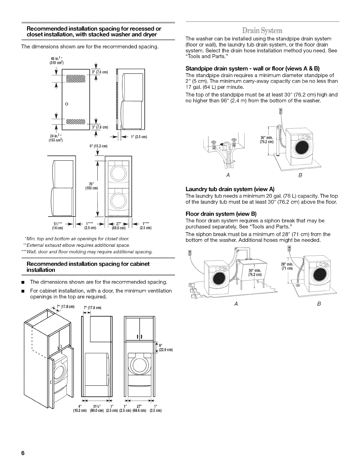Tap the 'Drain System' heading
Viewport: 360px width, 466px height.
[x=262, y=31]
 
